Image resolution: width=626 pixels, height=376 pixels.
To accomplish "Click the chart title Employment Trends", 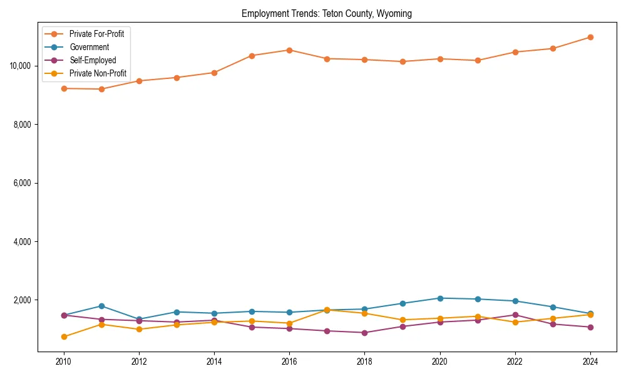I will click(x=326, y=14).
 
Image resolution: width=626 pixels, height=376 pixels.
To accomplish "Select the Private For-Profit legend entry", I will click(x=96, y=34).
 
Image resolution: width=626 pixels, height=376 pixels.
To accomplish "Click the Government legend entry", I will click(x=89, y=47).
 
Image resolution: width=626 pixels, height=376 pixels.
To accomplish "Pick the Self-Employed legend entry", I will click(x=93, y=60).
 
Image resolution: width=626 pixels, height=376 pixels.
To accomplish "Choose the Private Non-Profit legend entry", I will click(x=98, y=73).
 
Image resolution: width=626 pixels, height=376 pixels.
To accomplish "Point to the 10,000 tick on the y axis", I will click(x=22, y=66).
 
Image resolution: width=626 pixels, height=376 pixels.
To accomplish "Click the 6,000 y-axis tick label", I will click(x=24, y=183).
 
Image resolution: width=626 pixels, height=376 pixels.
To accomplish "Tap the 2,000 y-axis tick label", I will click(x=24, y=300).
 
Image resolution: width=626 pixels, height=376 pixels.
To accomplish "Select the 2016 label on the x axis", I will click(x=289, y=362).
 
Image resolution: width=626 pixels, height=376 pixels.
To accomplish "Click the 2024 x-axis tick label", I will click(x=590, y=362).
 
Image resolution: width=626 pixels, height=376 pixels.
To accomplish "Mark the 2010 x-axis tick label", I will click(x=63, y=362).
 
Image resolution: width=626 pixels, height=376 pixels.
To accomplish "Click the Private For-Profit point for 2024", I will click(x=590, y=37).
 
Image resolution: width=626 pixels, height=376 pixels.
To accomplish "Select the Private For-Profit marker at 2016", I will click(x=289, y=50).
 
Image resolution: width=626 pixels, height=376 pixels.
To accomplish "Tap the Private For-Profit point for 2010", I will click(x=63, y=88).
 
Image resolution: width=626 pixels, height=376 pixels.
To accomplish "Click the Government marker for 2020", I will click(x=440, y=298).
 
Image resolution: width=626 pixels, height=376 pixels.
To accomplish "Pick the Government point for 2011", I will click(x=101, y=306).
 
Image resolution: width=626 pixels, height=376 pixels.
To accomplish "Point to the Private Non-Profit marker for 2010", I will click(x=63, y=337).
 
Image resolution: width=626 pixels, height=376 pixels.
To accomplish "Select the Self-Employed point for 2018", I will click(x=364, y=333).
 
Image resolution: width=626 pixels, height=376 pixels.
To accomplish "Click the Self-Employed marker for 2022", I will click(x=515, y=315).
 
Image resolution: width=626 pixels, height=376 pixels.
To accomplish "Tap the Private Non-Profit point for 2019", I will click(x=403, y=320).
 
